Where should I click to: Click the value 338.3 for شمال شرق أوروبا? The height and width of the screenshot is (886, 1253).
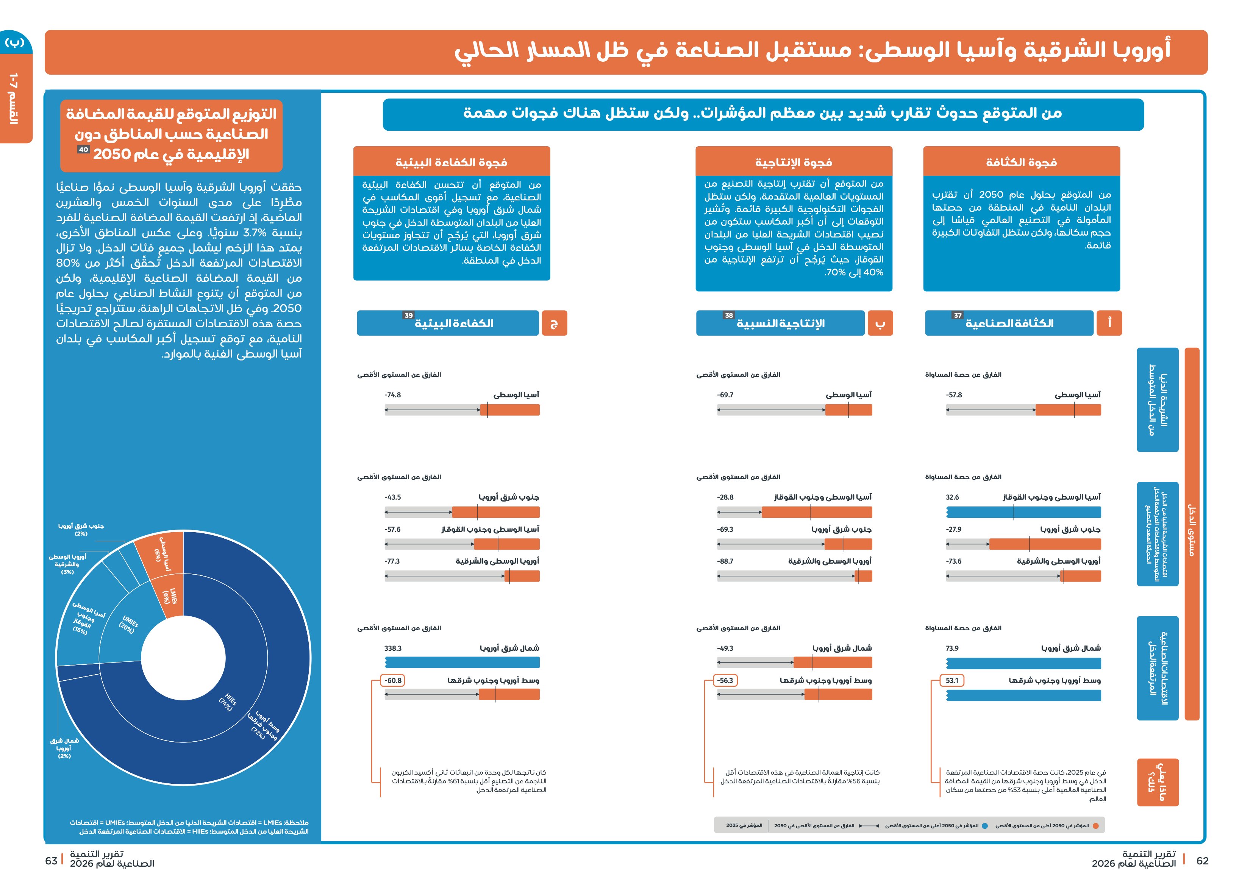tap(392, 648)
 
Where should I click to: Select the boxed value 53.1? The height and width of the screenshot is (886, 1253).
tap(952, 681)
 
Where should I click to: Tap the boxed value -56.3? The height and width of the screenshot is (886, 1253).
tap(725, 681)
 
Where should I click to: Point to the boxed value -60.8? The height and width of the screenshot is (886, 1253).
tap(392, 681)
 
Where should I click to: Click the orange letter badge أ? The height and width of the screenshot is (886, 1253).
tap(1109, 323)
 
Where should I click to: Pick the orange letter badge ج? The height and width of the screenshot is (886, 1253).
tap(555, 323)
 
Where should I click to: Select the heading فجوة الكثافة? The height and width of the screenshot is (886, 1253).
tap(1022, 162)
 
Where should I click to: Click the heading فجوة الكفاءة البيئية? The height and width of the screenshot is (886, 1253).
tap(452, 162)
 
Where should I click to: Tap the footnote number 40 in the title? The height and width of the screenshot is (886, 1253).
tap(83, 150)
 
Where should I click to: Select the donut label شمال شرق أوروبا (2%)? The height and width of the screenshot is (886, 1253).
tap(64, 748)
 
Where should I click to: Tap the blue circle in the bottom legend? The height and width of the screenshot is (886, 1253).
tap(985, 826)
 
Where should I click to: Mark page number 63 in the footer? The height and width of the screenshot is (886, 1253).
tap(51, 861)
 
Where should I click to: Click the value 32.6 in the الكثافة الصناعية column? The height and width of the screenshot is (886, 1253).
tap(952, 497)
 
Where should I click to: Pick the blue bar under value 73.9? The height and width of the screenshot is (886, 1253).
tap(1024, 663)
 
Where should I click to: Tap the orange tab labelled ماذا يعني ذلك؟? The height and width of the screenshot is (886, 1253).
tap(1158, 782)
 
